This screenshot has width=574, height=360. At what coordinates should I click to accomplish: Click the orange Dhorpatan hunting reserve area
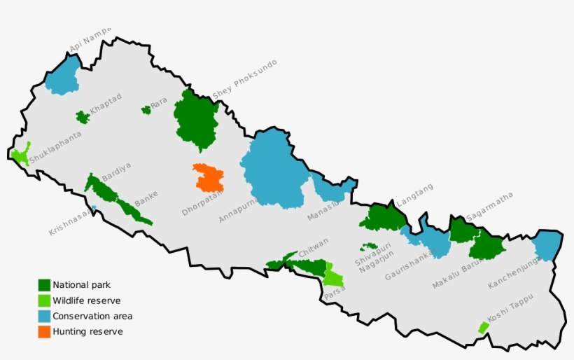click(209, 178)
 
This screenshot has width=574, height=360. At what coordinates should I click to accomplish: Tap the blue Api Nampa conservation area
click(63, 76)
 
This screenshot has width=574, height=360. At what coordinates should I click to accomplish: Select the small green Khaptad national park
click(83, 117)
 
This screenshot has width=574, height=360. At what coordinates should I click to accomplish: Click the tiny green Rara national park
click(146, 110)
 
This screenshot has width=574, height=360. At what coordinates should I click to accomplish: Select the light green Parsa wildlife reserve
click(332, 277)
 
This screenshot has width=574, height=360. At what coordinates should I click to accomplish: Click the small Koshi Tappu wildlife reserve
click(483, 327)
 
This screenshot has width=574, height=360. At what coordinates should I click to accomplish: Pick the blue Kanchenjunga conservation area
click(547, 246)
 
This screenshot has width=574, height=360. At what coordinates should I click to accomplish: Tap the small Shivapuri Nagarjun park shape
click(369, 247)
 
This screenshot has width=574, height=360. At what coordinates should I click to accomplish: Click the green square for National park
click(44, 285)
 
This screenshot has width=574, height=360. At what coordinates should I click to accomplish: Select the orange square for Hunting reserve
click(44, 331)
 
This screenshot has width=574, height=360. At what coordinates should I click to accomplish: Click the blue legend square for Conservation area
click(44, 316)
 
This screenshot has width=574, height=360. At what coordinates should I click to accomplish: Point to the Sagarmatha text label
click(489, 206)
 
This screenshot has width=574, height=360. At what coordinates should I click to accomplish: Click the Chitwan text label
click(313, 247)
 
